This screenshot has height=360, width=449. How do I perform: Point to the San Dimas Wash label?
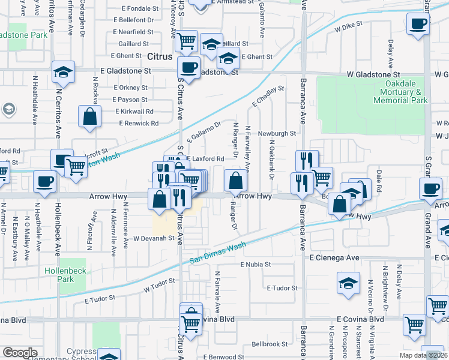218,253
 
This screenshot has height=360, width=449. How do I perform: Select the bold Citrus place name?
160,56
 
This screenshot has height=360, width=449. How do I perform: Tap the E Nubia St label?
256,264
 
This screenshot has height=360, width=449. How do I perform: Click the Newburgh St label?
277,133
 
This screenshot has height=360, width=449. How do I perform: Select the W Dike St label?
349,27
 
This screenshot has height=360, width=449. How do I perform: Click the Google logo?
20,352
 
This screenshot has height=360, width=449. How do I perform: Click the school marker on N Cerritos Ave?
63,73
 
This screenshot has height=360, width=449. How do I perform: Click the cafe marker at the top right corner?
418,25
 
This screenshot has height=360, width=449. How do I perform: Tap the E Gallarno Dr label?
204,132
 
